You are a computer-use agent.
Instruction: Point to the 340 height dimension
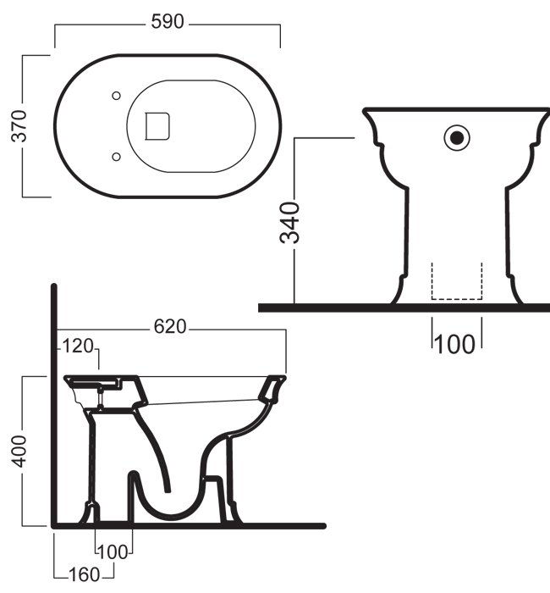click(x=290, y=222)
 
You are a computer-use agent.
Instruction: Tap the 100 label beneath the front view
click(x=456, y=344)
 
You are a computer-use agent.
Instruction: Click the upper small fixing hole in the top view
click(x=117, y=94)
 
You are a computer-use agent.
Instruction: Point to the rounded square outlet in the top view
click(x=159, y=125)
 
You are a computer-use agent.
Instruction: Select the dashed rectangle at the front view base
click(x=457, y=281)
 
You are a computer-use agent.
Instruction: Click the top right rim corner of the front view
click(x=545, y=110)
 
